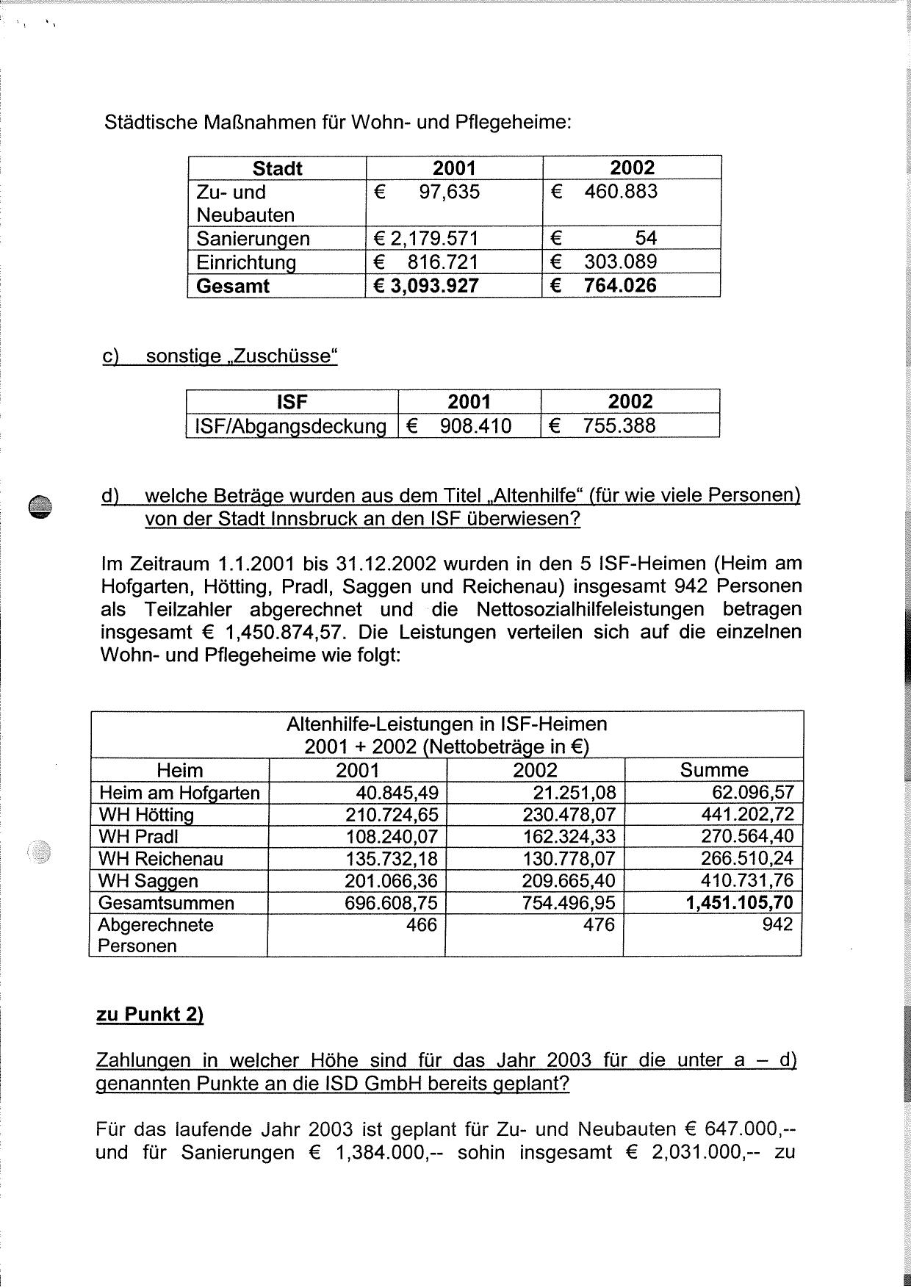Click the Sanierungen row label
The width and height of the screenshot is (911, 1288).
click(253, 239)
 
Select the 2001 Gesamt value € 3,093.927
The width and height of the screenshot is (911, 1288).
click(426, 286)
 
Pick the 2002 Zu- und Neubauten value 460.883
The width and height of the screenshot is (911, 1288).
click(621, 192)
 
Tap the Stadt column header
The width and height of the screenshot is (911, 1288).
click(277, 168)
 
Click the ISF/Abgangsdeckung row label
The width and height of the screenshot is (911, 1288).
click(290, 426)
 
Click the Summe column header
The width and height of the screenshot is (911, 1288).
click(713, 770)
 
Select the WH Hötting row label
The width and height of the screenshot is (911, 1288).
click(146, 815)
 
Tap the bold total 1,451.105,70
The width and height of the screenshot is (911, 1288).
click(739, 902)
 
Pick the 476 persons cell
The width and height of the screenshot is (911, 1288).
click(599, 924)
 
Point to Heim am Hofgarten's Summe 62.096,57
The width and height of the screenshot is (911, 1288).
click(747, 792)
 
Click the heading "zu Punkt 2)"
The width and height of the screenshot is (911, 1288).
click(150, 1015)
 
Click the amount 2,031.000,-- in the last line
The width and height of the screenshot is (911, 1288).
click(695, 1152)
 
